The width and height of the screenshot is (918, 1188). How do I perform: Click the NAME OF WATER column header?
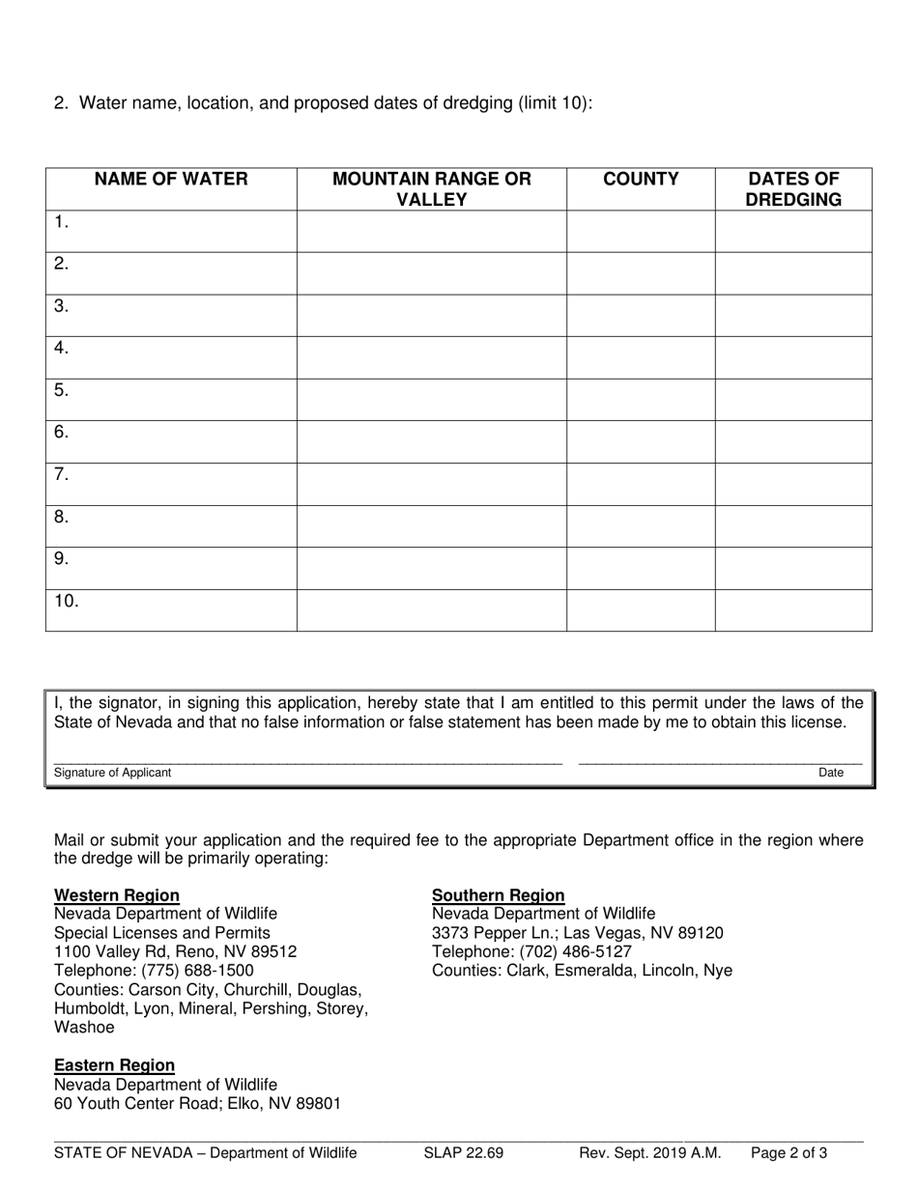point(170,179)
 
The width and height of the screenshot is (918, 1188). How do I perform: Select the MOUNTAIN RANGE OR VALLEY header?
point(431,189)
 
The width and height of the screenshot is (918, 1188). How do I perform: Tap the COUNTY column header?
point(640,179)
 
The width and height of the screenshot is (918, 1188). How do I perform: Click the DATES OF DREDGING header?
point(793,189)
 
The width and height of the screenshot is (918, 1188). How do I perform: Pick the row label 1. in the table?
point(62,223)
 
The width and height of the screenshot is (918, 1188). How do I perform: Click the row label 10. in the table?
point(67,602)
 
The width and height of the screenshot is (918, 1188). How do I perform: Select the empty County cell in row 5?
point(640,400)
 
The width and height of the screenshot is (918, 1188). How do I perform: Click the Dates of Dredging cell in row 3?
point(793,316)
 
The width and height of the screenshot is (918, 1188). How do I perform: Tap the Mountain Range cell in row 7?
point(431,484)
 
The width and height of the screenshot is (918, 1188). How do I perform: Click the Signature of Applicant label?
point(112,773)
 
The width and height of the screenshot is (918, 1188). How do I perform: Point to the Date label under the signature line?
point(831,773)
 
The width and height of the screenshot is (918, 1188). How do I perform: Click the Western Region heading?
point(116,895)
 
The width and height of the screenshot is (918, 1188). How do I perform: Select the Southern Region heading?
point(498,895)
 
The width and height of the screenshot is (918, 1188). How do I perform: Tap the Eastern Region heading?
point(114,1065)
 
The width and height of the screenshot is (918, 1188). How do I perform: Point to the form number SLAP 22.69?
point(463,1152)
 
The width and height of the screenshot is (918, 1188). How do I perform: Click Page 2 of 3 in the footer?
point(789,1152)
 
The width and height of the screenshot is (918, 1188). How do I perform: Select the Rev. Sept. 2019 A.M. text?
point(649,1152)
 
